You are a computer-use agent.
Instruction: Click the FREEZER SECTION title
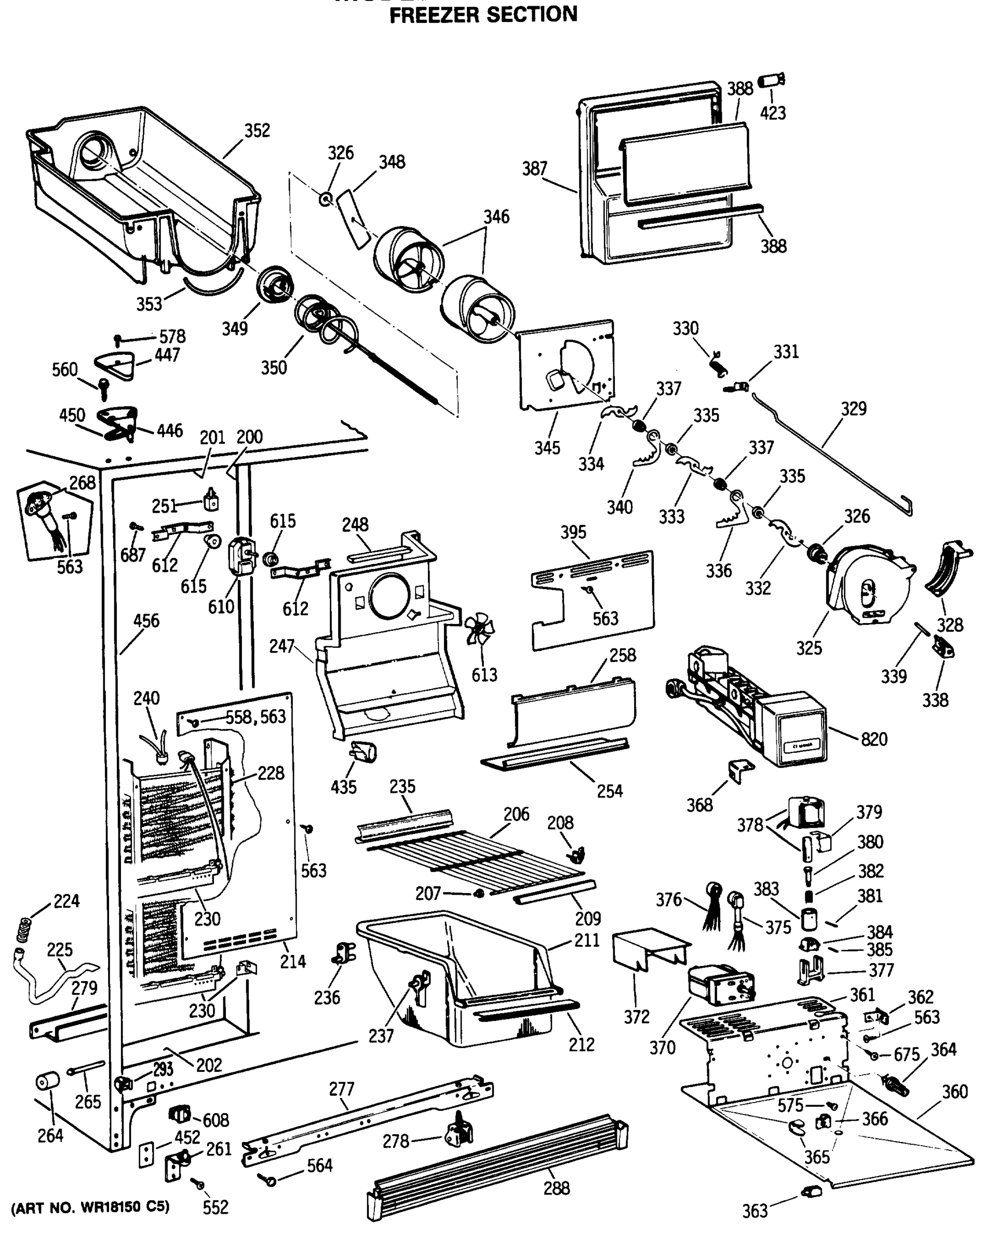483,15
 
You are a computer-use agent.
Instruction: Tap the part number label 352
257,131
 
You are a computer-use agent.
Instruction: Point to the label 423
773,113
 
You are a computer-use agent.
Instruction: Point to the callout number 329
854,408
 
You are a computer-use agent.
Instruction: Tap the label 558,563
255,717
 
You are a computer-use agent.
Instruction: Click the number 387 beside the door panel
535,168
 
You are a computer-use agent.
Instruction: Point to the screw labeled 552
200,1185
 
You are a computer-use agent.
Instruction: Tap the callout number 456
146,620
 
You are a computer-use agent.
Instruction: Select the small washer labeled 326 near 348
326,200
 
